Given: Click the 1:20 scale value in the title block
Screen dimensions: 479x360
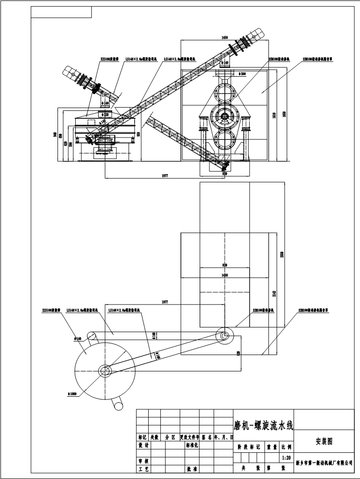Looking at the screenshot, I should coord(287,458).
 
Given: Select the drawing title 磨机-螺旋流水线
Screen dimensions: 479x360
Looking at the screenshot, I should coord(263,426).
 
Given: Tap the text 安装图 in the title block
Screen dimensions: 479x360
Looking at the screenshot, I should coord(324,441).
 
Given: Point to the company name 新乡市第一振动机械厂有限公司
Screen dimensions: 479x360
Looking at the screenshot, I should coord(324,463).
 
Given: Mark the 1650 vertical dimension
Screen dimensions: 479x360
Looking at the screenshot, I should coord(284,115).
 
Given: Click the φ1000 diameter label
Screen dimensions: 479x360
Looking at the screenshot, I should coord(72,394).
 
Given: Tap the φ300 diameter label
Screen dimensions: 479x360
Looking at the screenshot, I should coord(242,73).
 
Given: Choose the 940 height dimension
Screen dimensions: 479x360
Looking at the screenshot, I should coord(55,135).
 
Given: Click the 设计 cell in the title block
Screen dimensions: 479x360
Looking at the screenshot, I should coord(143,445).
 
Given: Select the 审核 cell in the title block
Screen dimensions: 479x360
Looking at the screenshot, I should coord(143,461).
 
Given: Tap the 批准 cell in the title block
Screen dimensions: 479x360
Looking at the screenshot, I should coord(191,468).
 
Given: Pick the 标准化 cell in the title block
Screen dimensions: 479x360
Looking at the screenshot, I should coord(191,445).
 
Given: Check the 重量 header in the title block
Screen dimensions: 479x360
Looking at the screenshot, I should coord(272,447).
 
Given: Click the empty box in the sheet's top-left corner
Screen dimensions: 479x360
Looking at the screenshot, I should coord(61,12).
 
